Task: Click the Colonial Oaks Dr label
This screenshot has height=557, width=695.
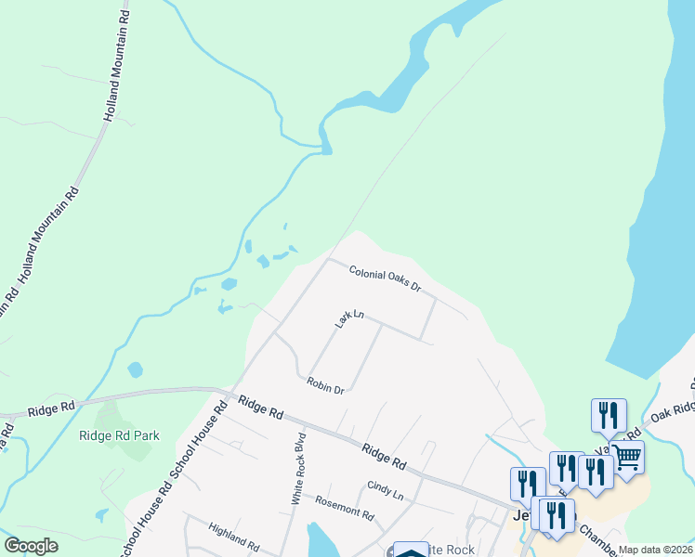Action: (386, 278)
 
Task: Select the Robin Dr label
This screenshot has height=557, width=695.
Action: (326, 385)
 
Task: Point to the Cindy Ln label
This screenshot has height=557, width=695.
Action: (385, 490)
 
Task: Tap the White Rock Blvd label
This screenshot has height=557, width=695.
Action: (298, 468)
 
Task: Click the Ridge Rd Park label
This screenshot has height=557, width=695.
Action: (119, 435)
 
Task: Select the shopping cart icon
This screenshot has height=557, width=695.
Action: (627, 456)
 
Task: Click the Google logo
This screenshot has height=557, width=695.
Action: (31, 547)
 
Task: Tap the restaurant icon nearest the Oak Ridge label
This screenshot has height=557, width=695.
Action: (609, 414)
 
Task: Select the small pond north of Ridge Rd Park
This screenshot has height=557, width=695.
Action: (136, 369)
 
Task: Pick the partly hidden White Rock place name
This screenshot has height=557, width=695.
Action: (451, 550)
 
